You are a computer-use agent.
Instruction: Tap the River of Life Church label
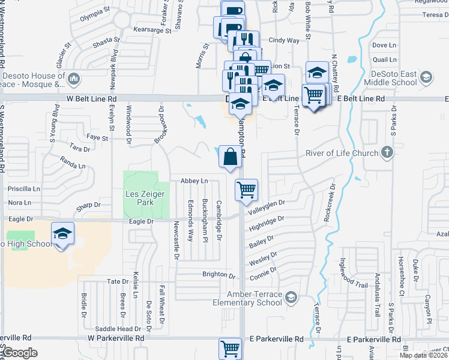pyautogui.click(x=342, y=153)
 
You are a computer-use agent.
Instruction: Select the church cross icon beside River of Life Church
pyautogui.click(x=388, y=152)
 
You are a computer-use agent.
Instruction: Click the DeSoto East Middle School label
pyautogui.click(x=390, y=77)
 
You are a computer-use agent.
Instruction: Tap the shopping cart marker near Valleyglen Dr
pyautogui.click(x=247, y=191)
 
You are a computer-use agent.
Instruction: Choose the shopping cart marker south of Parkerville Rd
pyautogui.click(x=230, y=348)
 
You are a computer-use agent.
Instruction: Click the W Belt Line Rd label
pyautogui.click(x=91, y=98)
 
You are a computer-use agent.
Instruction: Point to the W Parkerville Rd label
pyautogui.click(x=116, y=338)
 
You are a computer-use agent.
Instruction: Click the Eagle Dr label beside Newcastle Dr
pyautogui.click(x=142, y=221)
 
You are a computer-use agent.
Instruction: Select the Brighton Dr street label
pyautogui.click(x=219, y=275)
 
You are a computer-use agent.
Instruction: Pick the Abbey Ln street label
pyautogui.click(x=194, y=181)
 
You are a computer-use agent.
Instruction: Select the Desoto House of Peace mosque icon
pyautogui.click(x=74, y=79)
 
